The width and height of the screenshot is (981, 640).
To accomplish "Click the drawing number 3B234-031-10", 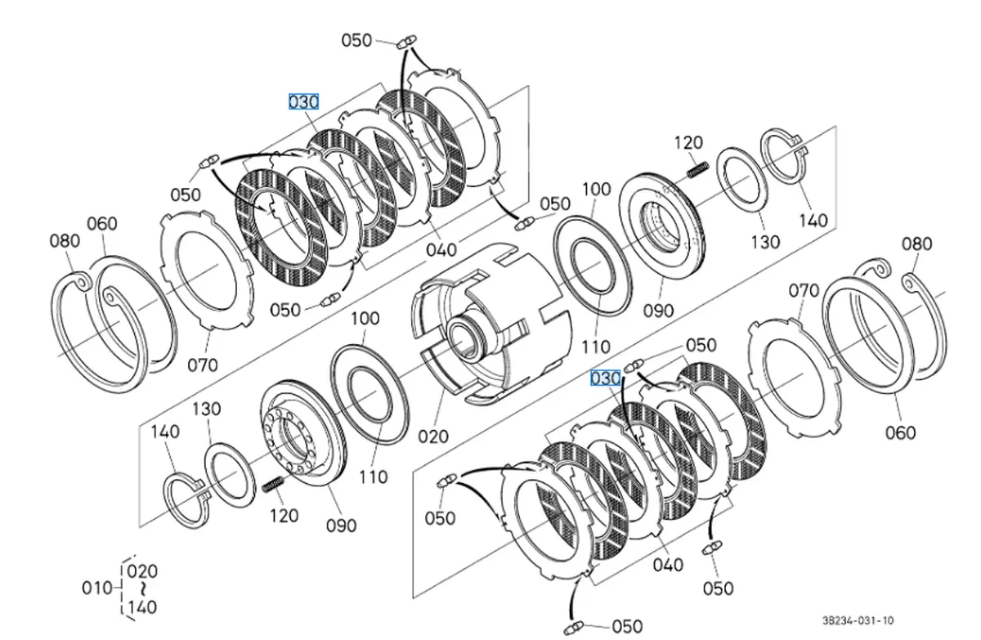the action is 858,620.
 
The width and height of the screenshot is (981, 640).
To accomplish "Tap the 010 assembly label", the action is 97,588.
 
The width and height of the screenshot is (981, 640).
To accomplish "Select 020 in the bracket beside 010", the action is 142,571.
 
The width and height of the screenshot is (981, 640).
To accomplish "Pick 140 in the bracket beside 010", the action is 142,607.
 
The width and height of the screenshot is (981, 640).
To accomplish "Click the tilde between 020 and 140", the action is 143,589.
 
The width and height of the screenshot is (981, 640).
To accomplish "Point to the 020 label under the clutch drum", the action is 433,436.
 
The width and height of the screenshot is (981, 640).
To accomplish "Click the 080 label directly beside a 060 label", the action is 65,240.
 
